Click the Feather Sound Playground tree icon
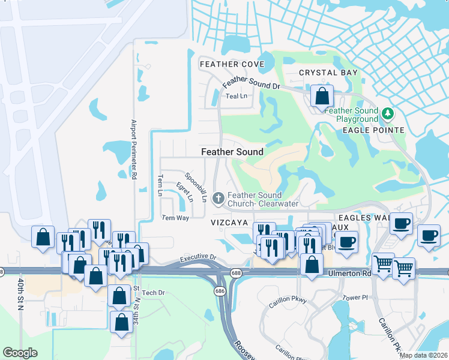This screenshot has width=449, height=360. tap(388, 112)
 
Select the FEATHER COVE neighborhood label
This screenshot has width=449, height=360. tap(232, 64)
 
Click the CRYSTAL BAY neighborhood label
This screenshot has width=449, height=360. tap(328, 73)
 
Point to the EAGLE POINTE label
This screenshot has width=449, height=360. tap(379, 130)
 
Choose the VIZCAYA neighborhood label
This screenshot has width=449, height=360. tap(229, 222)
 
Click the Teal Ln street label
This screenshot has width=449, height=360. tap(236, 96)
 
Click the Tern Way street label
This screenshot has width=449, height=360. tap(175, 218)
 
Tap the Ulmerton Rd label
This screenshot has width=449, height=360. tap(351, 273)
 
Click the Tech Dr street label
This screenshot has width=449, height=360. tap(153, 292)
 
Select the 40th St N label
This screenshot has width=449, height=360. tap(21, 293)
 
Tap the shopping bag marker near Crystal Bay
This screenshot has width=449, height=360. tap(322, 95)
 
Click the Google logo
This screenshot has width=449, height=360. tap(20, 353)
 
